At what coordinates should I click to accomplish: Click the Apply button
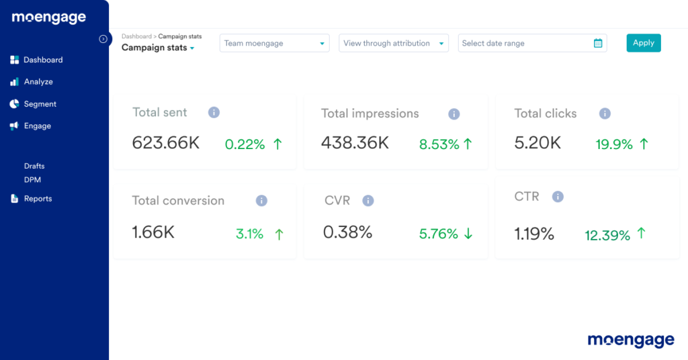(643, 43)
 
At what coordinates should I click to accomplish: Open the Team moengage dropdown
(274, 44)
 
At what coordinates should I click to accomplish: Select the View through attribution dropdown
(393, 44)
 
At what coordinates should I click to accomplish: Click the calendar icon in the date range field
(598, 44)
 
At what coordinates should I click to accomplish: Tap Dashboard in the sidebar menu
(42, 60)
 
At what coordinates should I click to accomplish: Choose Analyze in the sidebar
(38, 82)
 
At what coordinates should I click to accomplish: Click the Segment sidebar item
(40, 104)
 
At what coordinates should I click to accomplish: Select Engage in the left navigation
(37, 126)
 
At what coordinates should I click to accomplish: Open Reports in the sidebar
(38, 199)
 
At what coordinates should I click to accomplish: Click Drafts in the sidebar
(34, 166)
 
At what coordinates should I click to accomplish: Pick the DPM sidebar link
(33, 180)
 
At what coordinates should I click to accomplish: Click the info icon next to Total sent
(214, 113)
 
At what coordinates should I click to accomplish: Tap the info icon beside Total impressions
(454, 114)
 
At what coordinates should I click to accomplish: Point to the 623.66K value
(166, 142)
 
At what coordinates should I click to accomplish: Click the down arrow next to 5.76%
(468, 234)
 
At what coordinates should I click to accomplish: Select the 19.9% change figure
(614, 144)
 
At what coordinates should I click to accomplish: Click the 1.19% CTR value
(534, 234)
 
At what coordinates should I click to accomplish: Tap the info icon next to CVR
(368, 201)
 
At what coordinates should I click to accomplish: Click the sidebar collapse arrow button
(103, 39)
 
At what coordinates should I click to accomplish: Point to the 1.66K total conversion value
(153, 232)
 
